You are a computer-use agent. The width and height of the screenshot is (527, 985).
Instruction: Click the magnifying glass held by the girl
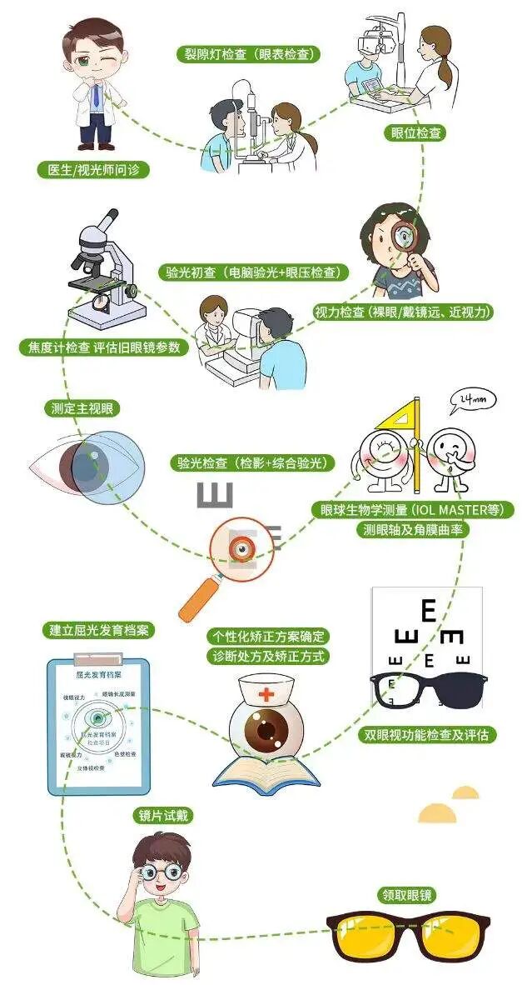[x=405, y=238]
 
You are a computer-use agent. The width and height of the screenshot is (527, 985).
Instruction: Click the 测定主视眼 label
[x=79, y=408]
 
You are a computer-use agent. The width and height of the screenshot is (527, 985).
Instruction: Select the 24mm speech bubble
[x=471, y=402]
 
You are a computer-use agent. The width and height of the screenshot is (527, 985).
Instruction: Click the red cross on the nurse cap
[x=265, y=694]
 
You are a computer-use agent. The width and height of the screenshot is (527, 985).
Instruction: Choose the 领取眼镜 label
[x=408, y=896]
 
